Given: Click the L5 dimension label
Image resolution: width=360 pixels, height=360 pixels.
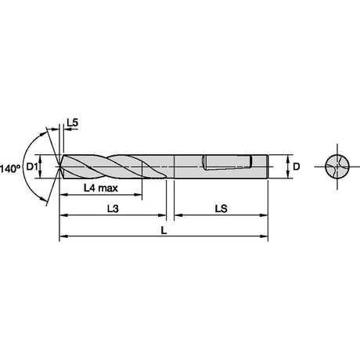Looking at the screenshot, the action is coord(72,122).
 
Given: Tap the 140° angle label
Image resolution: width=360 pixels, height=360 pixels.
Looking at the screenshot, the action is coord(10,168).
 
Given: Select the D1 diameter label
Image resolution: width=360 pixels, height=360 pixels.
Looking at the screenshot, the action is coord(32,167).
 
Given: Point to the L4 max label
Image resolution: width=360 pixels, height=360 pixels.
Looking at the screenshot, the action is coord(101,188).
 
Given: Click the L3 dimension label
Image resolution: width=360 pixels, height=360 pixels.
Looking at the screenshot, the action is coord(113,209).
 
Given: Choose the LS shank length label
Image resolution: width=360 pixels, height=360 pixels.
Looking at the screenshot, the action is coord(221,209).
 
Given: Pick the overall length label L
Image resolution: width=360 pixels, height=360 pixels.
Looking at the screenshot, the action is coord(164,230).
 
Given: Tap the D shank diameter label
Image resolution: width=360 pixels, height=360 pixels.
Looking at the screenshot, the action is coord(296,167).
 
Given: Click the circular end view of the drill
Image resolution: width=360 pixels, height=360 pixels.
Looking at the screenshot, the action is coord(337,167).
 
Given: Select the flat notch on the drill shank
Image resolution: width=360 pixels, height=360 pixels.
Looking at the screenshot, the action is coord(227,163).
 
